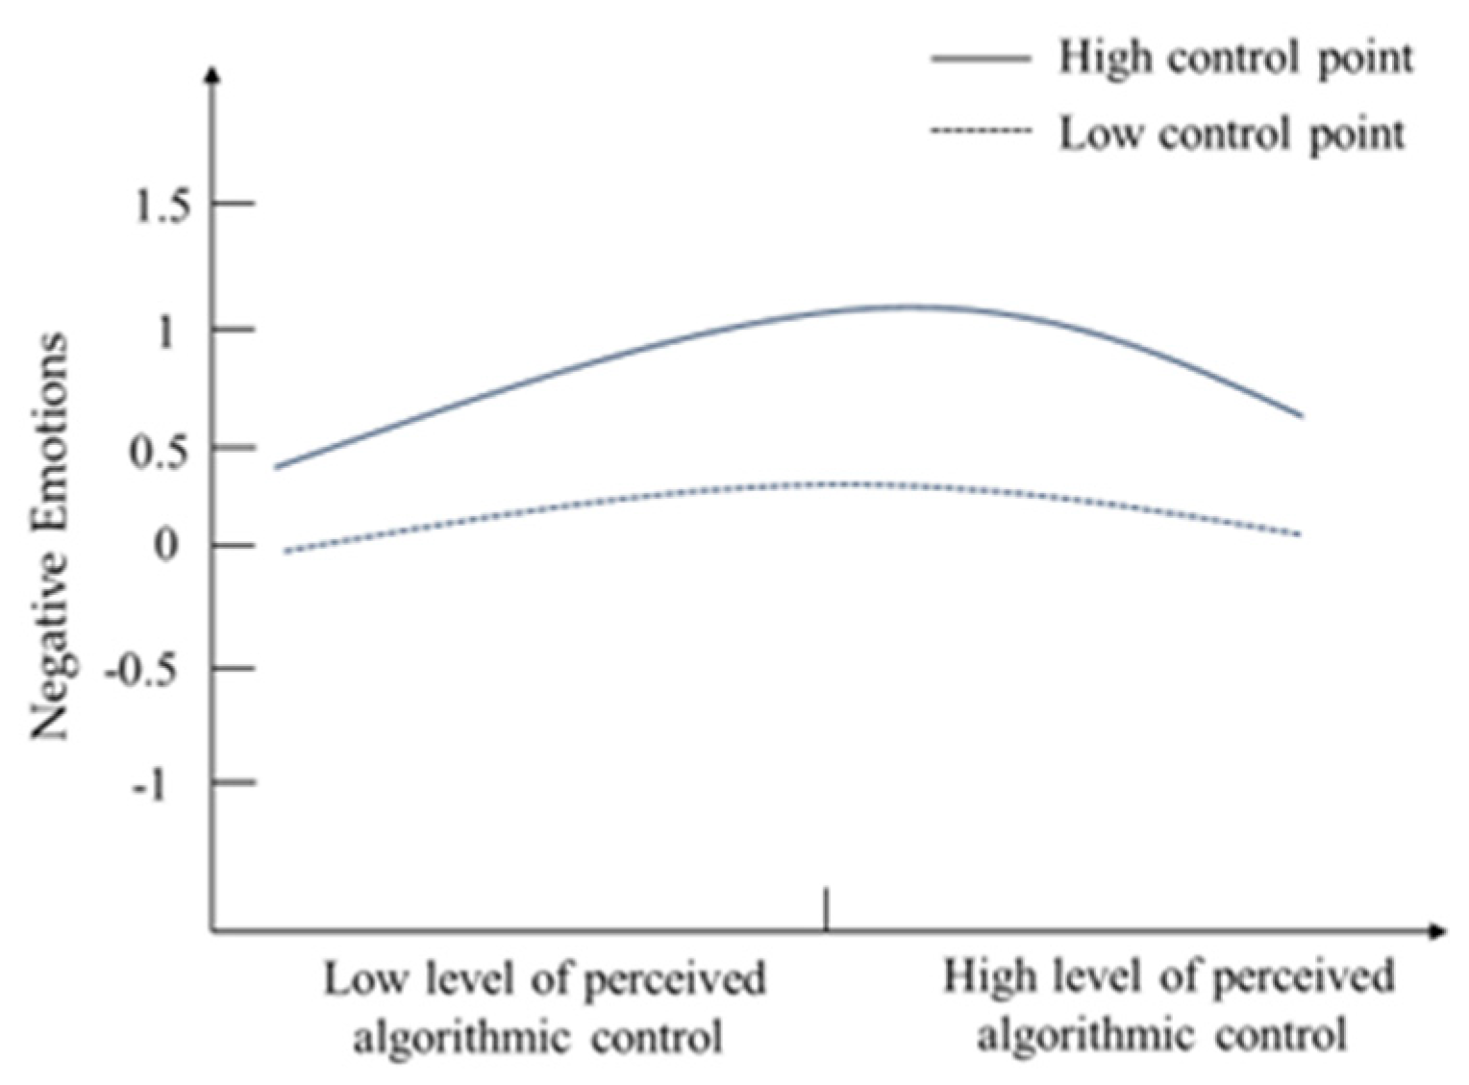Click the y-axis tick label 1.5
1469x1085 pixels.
pyautogui.click(x=162, y=205)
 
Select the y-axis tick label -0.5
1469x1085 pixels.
pyautogui.click(x=151, y=671)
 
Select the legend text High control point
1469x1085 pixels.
pyautogui.click(x=1236, y=59)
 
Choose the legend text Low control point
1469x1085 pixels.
pyautogui.click(x=1232, y=135)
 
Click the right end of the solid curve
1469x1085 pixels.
pyautogui.click(x=1302, y=416)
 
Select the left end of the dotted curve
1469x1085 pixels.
pyautogui.click(x=285, y=552)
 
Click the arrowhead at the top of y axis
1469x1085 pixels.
pyautogui.click(x=212, y=74)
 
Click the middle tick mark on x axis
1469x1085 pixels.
pyautogui.click(x=826, y=909)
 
